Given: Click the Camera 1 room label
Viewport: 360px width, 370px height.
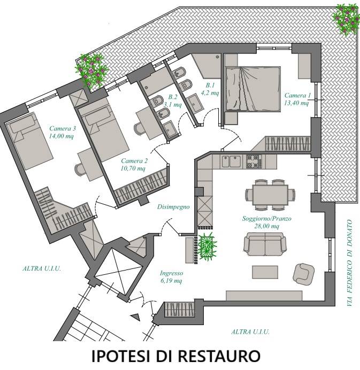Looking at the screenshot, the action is [297, 95].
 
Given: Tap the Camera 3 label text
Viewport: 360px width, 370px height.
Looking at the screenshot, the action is [63, 129].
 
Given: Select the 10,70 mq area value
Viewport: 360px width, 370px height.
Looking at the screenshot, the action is [133, 168].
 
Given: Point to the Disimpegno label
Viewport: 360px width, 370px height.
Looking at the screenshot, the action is [173, 207].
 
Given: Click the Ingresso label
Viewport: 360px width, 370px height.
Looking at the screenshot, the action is [171, 273].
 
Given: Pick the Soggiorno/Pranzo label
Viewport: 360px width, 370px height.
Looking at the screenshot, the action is [267, 219].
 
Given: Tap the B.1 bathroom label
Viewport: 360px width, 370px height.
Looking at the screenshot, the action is [210, 85].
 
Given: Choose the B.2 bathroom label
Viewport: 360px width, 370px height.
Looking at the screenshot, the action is [173, 97].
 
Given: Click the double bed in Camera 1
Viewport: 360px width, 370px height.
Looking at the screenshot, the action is [253, 89].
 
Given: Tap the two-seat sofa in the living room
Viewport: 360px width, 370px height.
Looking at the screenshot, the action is [265, 244].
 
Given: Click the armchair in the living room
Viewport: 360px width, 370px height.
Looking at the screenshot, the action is [303, 274].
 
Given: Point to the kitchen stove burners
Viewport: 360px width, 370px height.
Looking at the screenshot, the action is [254, 161].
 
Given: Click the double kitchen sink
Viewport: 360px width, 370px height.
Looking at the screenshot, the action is [231, 161].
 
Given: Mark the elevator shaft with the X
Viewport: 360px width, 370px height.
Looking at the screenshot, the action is [119, 272].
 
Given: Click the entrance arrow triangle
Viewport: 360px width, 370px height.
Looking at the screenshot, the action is [136, 317].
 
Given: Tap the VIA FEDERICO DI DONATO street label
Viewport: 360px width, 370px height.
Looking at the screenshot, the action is [350, 263].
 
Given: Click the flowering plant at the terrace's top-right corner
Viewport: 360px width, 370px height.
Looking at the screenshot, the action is [346, 19].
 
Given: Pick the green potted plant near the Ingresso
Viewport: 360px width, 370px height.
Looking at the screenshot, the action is [207, 246].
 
